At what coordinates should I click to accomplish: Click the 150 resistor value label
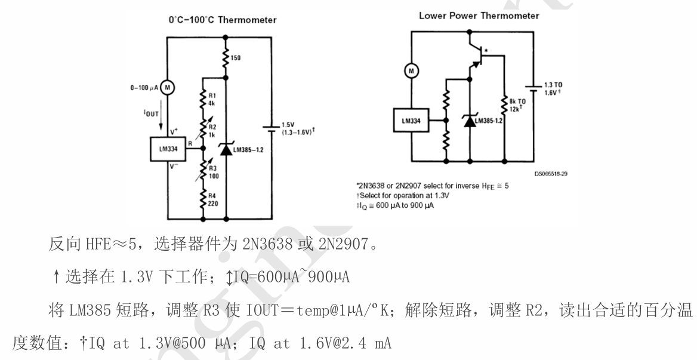click(x=237, y=58)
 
